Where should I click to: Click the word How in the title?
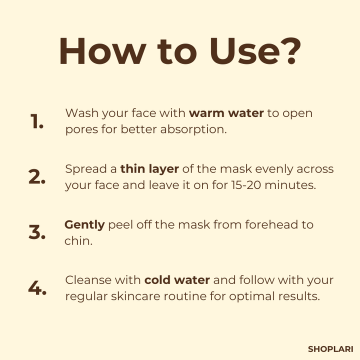[102, 51]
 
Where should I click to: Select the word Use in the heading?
[244, 51]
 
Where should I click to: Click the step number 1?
[36, 121]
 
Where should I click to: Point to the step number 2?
[37, 176]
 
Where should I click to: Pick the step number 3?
[37, 232]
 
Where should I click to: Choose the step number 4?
[37, 287]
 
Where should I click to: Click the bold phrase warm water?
[226, 113]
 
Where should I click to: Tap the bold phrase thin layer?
[149, 169]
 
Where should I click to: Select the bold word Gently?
[84, 225]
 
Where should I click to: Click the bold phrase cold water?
[177, 280]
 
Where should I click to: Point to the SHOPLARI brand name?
[330, 349]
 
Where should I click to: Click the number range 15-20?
[246, 185]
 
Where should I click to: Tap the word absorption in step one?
[193, 130]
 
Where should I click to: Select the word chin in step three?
[78, 241]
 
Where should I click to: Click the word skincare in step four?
[135, 296]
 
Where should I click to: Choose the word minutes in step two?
[290, 185]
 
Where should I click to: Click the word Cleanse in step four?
[88, 280]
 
